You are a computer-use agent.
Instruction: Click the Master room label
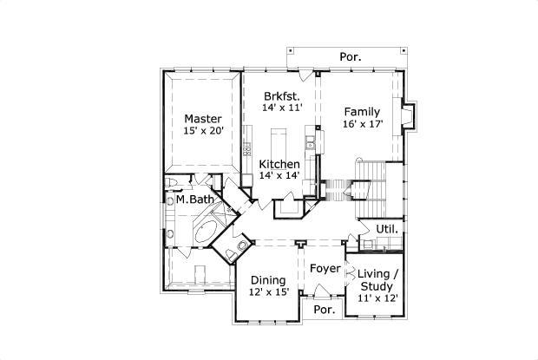point(202,118)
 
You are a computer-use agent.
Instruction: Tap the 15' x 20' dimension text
point(203,131)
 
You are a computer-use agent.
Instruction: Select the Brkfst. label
point(282,95)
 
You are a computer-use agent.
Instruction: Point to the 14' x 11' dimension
point(282,108)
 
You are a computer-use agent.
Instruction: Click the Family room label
point(361,111)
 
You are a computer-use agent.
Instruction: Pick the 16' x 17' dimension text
point(362,124)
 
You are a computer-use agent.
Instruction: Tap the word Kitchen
point(279,164)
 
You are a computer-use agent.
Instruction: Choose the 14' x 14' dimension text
point(279,176)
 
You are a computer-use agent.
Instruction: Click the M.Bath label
point(194,200)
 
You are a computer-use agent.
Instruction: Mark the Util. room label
point(387,229)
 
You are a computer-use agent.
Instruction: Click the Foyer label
point(325,268)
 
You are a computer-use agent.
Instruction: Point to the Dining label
point(268,280)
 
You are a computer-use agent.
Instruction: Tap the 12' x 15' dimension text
point(269,293)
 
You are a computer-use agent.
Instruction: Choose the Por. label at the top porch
point(351,57)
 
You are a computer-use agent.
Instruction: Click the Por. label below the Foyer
point(324,310)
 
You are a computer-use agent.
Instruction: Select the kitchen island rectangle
point(279,141)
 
